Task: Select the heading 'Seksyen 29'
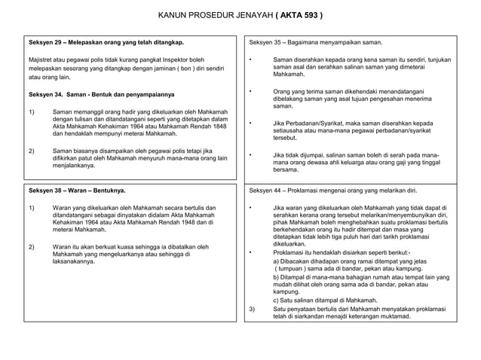(x=46, y=43)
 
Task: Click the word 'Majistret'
(x=41, y=59)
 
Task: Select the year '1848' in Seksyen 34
(x=218, y=126)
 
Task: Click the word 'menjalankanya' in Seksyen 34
(x=74, y=165)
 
